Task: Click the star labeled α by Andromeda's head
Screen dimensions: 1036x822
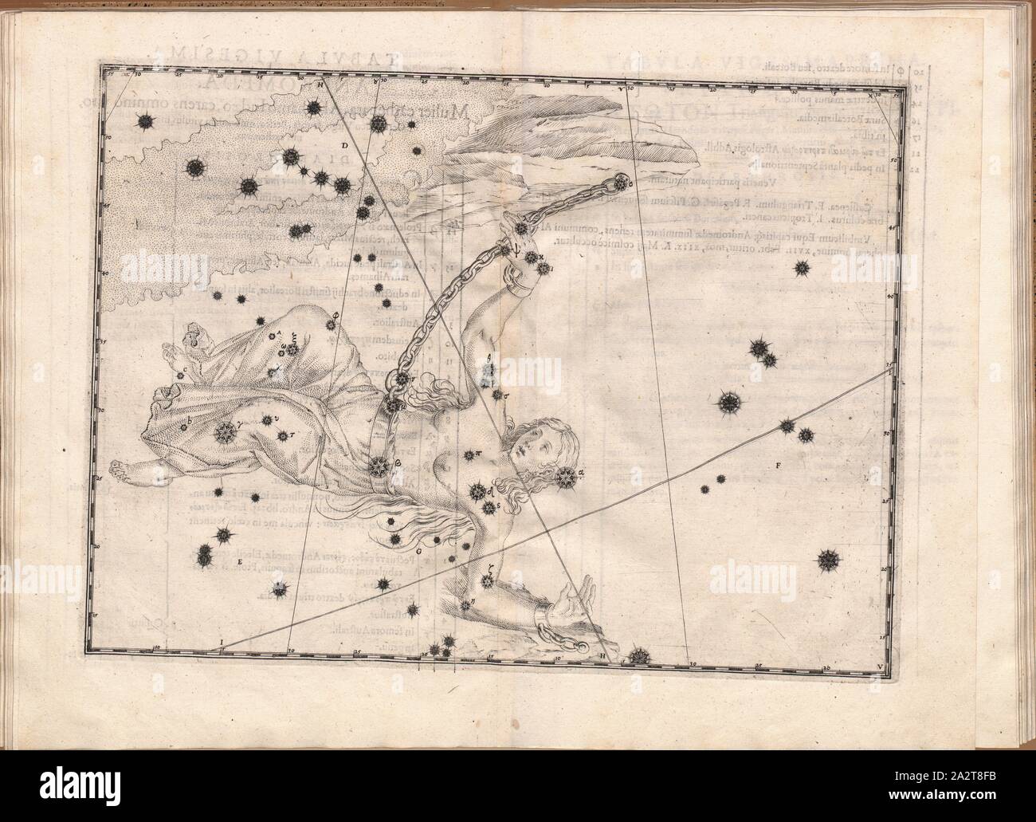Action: coord(567,478)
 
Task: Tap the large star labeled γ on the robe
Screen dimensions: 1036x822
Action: coord(226,431)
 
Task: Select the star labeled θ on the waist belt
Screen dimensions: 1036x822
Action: coord(378,466)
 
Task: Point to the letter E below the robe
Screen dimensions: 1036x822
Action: coord(239,563)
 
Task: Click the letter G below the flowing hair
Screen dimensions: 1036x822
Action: coord(418,550)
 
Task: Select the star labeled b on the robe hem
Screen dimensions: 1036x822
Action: coord(185,426)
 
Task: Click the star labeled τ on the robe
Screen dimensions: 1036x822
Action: coord(282,436)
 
